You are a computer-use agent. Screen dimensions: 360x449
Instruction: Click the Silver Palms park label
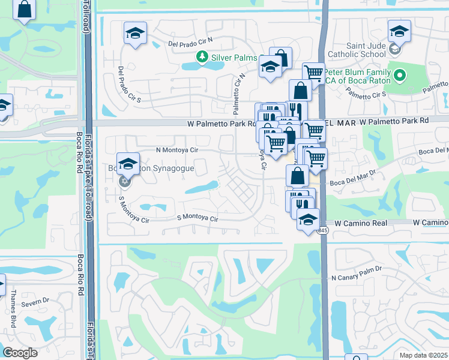click(x=234, y=58)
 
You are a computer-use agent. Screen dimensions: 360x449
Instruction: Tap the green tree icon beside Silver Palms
click(x=203, y=57)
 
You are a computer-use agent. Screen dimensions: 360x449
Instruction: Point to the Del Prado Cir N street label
click(x=191, y=44)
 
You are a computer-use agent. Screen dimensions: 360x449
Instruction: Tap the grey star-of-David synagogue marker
click(x=124, y=181)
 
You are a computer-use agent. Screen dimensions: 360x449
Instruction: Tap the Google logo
click(x=20, y=353)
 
